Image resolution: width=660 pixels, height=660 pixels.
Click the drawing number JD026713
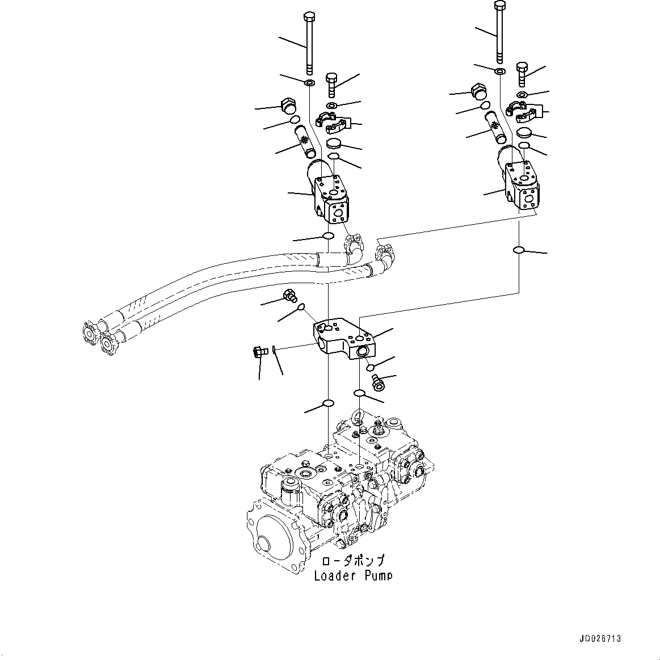600,638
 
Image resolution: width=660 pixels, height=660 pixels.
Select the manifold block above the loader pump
343,340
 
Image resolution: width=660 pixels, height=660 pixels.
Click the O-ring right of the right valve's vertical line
519,250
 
